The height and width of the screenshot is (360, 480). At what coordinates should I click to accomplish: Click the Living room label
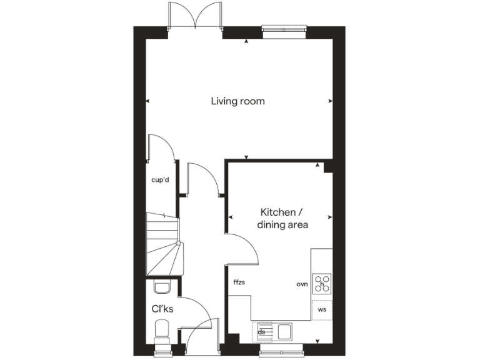[x=237, y=101]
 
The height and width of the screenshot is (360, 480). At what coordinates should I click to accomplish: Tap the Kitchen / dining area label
[x=282, y=218]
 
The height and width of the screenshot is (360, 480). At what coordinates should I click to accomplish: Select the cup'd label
[x=161, y=180]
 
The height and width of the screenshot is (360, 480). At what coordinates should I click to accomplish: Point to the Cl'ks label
[x=162, y=308]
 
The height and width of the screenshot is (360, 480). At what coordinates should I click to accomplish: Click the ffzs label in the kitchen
[x=239, y=282]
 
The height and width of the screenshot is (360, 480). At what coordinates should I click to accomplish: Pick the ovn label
[x=302, y=284]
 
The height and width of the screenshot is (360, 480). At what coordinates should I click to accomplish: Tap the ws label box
[x=322, y=309]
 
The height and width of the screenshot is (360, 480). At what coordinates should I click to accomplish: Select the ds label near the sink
[x=262, y=332]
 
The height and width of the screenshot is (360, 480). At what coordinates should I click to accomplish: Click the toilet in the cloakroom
[x=162, y=330]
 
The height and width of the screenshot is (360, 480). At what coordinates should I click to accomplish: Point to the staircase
[x=164, y=244]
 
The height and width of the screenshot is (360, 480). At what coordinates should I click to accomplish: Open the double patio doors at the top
[x=196, y=16]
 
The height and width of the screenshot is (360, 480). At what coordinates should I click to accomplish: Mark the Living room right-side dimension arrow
[x=330, y=101]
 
